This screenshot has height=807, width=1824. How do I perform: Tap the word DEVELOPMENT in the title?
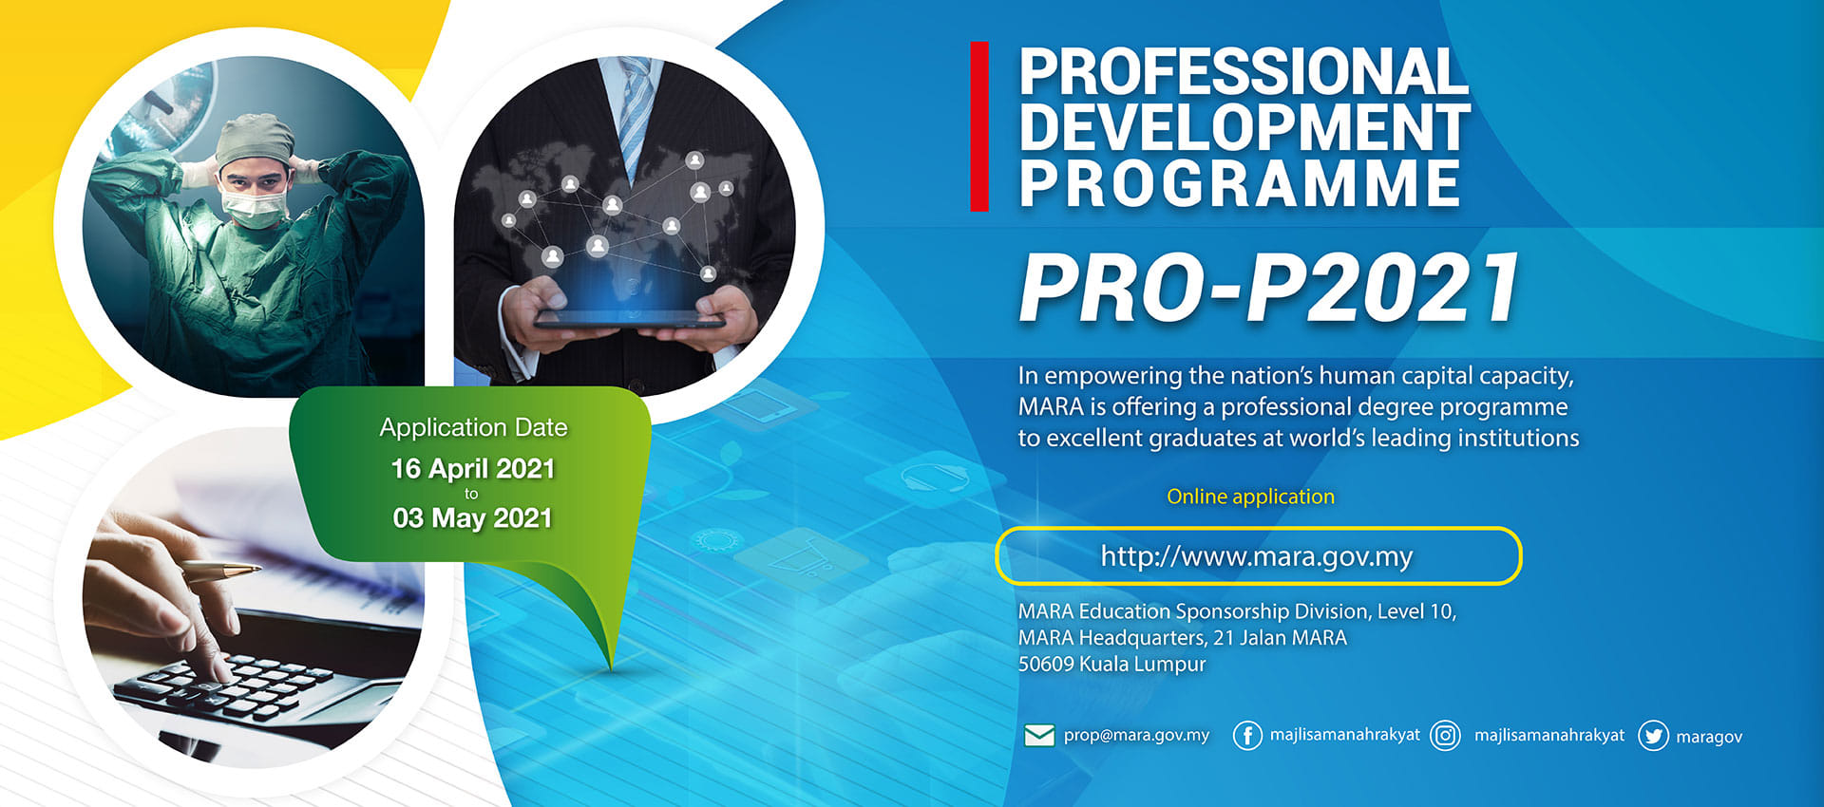tap(1244, 127)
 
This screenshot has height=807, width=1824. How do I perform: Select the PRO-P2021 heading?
tap(1269, 288)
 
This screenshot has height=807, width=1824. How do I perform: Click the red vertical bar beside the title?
tap(979, 126)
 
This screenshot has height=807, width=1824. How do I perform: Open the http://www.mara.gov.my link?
tap(1257, 555)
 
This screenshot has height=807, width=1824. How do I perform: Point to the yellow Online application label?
tap(1250, 497)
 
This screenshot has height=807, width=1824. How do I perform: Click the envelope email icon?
tap(1039, 736)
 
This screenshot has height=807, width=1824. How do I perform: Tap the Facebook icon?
tap(1247, 736)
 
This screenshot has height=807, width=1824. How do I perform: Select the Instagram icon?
tap(1445, 736)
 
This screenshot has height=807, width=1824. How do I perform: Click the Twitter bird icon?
tap(1653, 736)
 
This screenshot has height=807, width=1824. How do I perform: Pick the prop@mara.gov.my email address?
tap(1136, 735)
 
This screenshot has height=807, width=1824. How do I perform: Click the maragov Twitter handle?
tap(1709, 737)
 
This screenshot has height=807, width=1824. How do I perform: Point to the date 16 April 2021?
tap(473, 469)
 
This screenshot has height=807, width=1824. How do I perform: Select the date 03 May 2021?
tap(473, 518)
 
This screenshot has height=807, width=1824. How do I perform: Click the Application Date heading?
tap(473, 428)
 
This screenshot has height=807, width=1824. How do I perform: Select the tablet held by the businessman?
tap(630, 320)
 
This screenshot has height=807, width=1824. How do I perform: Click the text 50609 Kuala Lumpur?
tap(1111, 665)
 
